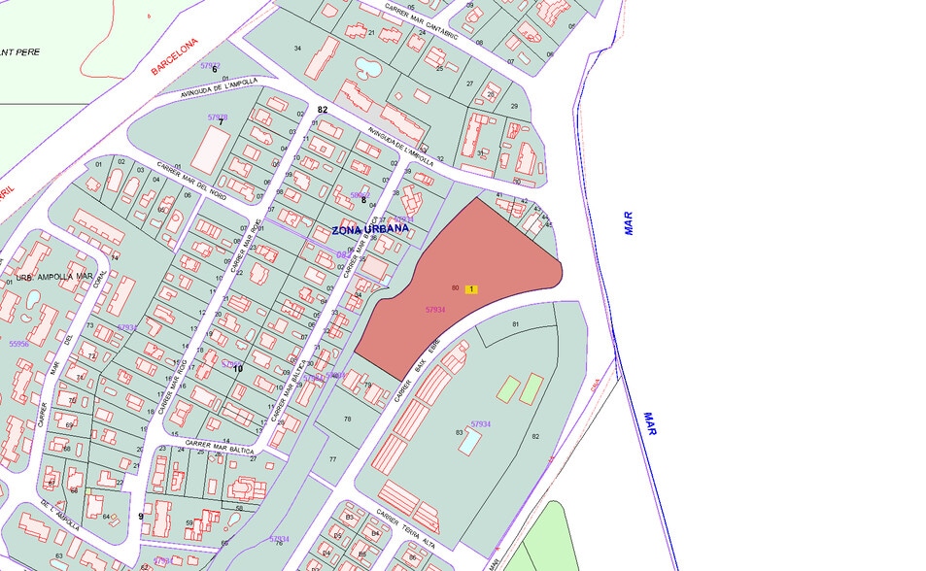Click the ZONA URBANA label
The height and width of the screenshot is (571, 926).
[368, 230]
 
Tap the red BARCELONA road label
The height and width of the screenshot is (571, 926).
[175, 56]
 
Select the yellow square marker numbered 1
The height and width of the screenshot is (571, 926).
[471, 288]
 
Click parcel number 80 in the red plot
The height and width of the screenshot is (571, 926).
[455, 288]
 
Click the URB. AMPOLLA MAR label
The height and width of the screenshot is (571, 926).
[55, 277]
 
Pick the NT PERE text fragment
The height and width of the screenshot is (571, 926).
[19, 51]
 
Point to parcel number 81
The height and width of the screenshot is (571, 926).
[515, 323]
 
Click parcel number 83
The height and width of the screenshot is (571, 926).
[459, 432]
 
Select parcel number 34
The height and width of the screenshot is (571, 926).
[297, 48]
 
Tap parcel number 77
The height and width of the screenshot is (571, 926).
[332, 458]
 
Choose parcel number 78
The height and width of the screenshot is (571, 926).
[347, 419]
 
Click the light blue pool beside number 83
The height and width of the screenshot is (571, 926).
[468, 443]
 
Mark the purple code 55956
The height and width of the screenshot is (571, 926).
[18, 343]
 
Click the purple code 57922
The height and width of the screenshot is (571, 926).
[210, 65]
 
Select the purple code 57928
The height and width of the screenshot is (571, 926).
[218, 118]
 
